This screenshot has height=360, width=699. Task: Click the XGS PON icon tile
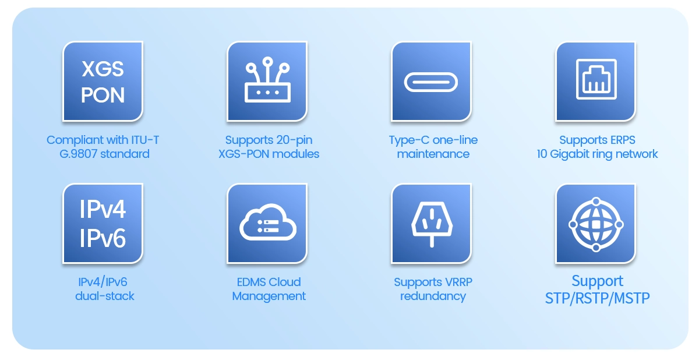pyautogui.click(x=103, y=82)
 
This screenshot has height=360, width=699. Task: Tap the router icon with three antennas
pyautogui.click(x=267, y=80)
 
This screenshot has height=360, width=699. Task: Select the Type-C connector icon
pyautogui.click(x=431, y=82)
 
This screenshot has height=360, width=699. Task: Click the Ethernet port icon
pyautogui.click(x=596, y=79)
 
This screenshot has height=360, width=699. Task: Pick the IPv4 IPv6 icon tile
pyautogui.click(x=103, y=223)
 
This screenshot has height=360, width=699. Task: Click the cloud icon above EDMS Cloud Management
pyautogui.click(x=268, y=222)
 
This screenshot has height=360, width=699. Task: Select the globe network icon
pyautogui.click(x=596, y=224)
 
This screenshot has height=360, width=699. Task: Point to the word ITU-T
pyautogui.click(x=145, y=140)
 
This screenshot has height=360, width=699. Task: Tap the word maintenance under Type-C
pyautogui.click(x=433, y=154)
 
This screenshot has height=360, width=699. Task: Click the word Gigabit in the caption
pyautogui.click(x=570, y=154)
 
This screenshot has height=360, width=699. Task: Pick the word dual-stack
pyautogui.click(x=104, y=296)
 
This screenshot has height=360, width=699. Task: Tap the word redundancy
pyautogui.click(x=433, y=297)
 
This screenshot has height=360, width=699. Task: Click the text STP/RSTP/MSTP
pyautogui.click(x=597, y=298)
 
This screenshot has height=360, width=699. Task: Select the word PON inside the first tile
pyautogui.click(x=103, y=95)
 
